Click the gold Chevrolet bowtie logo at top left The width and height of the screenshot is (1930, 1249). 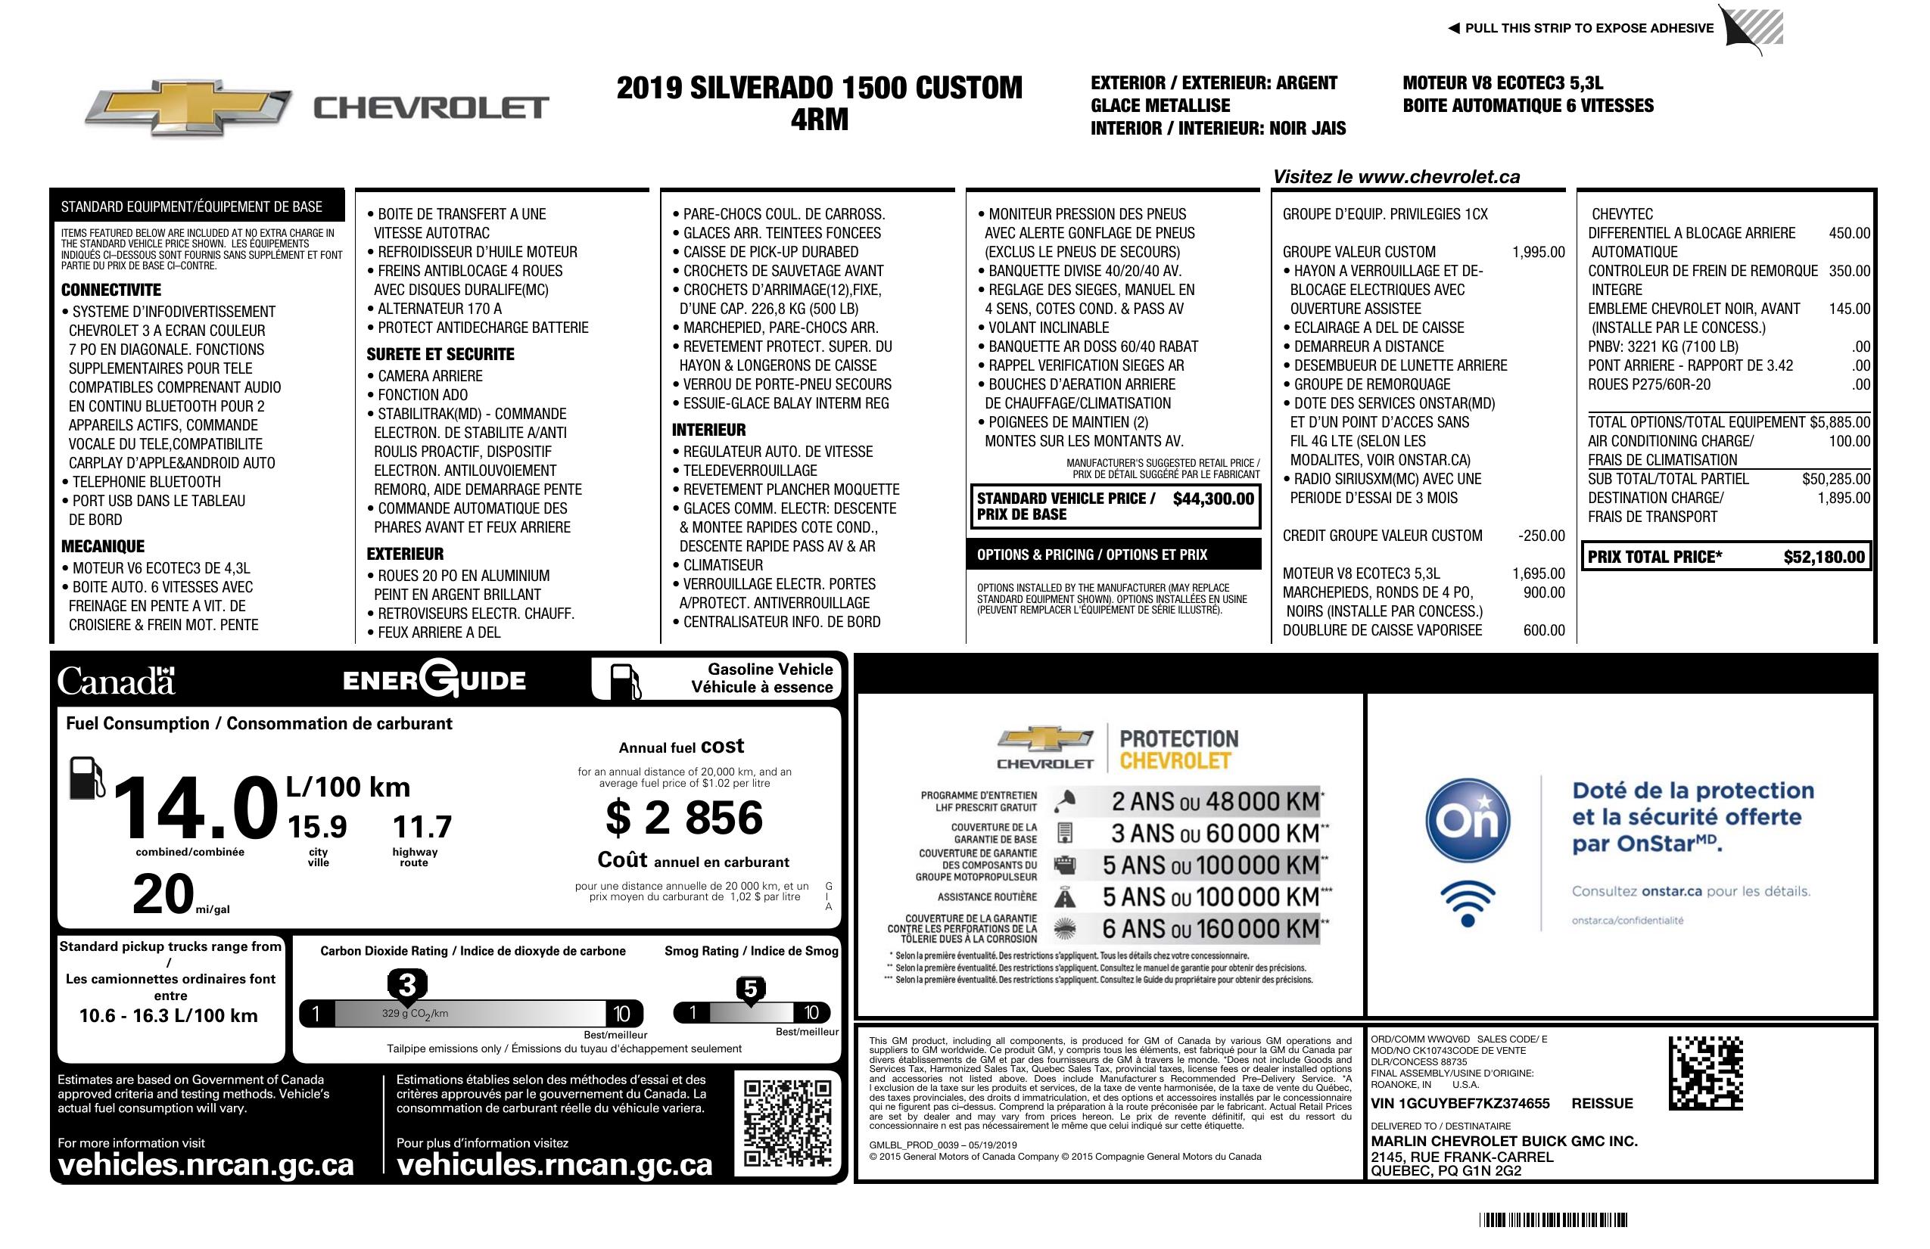point(188,107)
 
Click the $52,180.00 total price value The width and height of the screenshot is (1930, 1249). point(1824,557)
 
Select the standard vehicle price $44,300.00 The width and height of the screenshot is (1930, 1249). point(1213,499)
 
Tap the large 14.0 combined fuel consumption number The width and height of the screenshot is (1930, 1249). point(195,808)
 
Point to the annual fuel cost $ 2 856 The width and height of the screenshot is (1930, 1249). point(683,817)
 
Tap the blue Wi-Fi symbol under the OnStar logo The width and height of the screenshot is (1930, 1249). point(1468,902)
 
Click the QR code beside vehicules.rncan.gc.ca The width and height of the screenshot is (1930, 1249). point(787,1123)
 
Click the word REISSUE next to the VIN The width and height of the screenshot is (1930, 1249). point(1602,1103)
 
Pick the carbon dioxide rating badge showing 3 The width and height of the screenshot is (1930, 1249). point(407,986)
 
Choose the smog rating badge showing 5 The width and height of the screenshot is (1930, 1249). point(750,990)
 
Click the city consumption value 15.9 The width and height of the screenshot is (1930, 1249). point(317,827)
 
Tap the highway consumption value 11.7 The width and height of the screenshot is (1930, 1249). point(422,827)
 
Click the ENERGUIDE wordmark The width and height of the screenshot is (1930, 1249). point(434,679)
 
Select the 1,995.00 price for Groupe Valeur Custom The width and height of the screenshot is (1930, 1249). point(1538,252)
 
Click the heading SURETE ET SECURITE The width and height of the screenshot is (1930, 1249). point(440,354)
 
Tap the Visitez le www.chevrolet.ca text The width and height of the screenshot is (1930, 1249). point(1396,177)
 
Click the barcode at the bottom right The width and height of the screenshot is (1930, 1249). point(1553,1219)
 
